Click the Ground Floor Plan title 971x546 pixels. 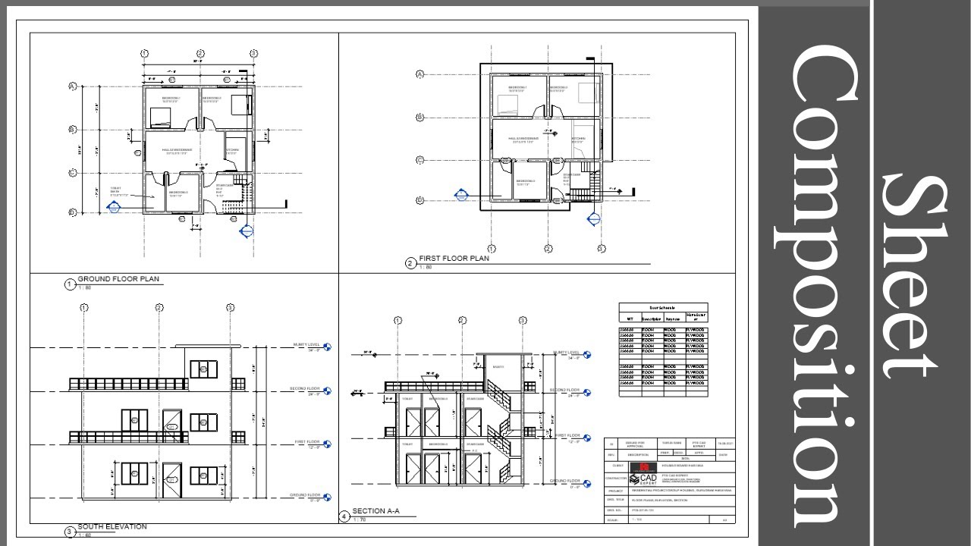(118, 279)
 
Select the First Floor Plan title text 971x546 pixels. (454, 259)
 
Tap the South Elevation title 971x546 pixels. (112, 526)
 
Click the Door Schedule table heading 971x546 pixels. (662, 308)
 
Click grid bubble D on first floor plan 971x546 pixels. (420, 200)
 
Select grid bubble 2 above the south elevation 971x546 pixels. (159, 308)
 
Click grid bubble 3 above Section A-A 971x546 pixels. (522, 321)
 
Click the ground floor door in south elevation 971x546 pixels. (172, 481)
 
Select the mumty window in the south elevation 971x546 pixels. (203, 369)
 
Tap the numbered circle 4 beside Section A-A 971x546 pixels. (344, 516)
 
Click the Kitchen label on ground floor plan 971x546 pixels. (232, 150)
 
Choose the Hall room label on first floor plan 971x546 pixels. (523, 139)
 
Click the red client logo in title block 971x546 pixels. (646, 466)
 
